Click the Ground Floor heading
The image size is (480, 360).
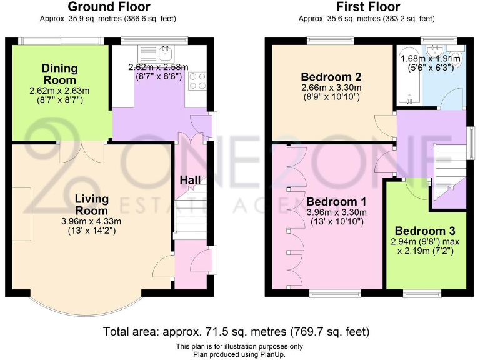click(109, 7)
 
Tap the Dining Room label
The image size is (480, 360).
click(60, 74)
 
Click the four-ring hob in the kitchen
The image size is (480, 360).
click(197, 81)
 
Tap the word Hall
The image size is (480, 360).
click(190, 180)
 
